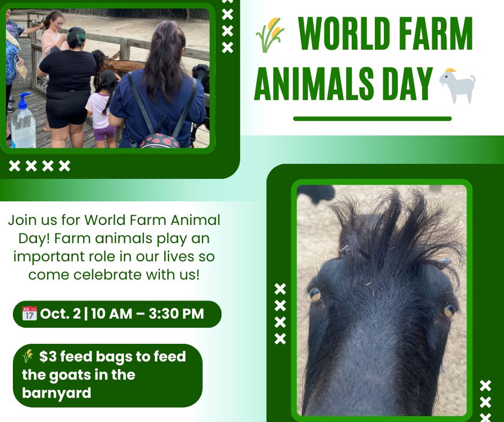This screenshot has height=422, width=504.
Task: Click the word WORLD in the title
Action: coord(344,33)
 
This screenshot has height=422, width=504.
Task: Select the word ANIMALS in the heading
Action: coord(314,84)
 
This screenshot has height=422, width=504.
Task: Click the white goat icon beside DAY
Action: coord(457,86)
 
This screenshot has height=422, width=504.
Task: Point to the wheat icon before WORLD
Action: coord(270,35)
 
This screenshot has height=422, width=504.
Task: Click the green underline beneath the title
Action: coord(372,119)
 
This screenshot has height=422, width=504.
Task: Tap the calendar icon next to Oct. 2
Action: coord(29,313)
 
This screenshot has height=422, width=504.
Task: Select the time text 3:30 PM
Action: coord(176,314)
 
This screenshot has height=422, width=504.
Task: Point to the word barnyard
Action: coord(57,393)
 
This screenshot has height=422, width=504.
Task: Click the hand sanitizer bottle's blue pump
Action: coord(24,100)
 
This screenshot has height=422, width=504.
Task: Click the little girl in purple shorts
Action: coord(102,109)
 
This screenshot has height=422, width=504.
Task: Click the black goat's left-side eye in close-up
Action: coord(315,294)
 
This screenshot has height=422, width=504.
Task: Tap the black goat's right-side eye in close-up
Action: coord(449,311)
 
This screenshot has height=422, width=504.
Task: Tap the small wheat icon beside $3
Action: coord(28,356)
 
